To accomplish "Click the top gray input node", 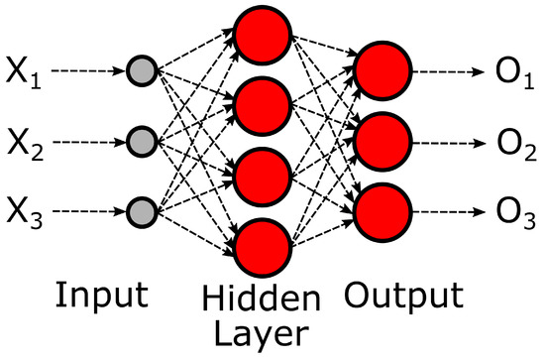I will (x=143, y=70).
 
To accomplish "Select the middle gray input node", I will (x=143, y=141).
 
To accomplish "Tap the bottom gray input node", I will (x=143, y=212).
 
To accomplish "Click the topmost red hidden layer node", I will (x=261, y=36).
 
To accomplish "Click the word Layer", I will (x=261, y=333).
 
